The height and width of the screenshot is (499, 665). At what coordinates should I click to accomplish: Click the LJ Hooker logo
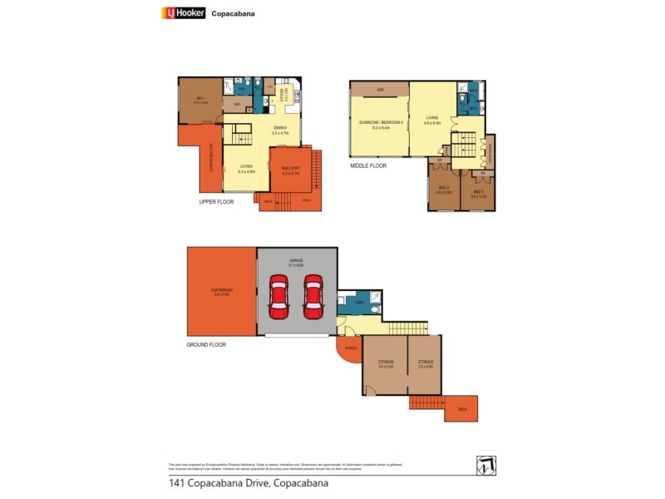pos(182,12)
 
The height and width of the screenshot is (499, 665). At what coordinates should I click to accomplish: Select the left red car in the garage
pos(278,297)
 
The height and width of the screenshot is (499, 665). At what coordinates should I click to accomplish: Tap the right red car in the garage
pos(313,297)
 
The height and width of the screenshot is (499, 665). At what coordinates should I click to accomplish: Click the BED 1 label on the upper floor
pos(201,100)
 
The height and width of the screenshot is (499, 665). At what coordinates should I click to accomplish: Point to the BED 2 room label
pos(445,189)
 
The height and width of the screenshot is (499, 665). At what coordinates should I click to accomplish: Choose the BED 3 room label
pos(478,195)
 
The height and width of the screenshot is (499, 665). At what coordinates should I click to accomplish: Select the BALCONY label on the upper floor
pos(290,170)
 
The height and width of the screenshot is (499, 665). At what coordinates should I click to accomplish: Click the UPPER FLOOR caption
pos(216,202)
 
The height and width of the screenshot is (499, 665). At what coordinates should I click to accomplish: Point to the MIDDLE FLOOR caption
pos(368,166)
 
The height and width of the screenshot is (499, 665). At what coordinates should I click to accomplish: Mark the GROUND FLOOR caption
pos(206,344)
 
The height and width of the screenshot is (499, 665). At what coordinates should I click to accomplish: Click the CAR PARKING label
pos(221,292)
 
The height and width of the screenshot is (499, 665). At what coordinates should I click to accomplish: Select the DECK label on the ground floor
pos(462,409)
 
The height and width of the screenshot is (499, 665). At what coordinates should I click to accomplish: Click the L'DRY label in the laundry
pos(357,303)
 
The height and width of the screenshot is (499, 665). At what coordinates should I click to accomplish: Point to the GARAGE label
pos(296,261)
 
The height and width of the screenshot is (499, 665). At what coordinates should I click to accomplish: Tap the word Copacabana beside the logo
pos(233,13)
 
